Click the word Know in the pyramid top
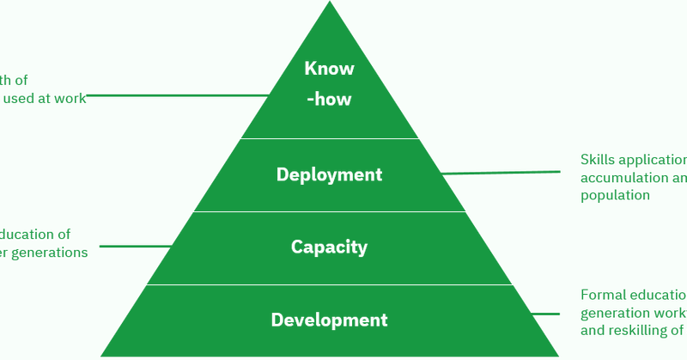329,69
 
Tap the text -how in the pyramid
329,99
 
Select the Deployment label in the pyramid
329,174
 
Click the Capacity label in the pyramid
329,247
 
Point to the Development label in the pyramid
329,320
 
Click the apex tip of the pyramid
330,4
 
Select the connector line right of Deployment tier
502,173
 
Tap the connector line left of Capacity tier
136,247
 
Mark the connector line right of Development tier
546,314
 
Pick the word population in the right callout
615,195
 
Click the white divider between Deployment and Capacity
329,212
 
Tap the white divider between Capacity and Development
329,285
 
